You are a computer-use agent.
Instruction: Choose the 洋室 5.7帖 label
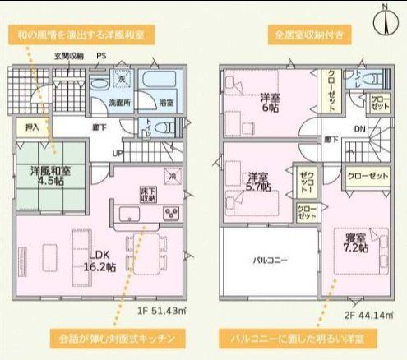(x=258, y=182)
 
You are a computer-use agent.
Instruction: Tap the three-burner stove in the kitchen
(x=173, y=214)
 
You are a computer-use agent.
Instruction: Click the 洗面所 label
(x=123, y=104)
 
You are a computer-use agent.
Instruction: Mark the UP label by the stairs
(x=118, y=154)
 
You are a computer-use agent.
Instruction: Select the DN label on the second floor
(x=359, y=130)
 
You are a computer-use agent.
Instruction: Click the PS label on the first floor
(x=100, y=57)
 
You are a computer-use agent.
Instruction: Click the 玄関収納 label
(x=69, y=57)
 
